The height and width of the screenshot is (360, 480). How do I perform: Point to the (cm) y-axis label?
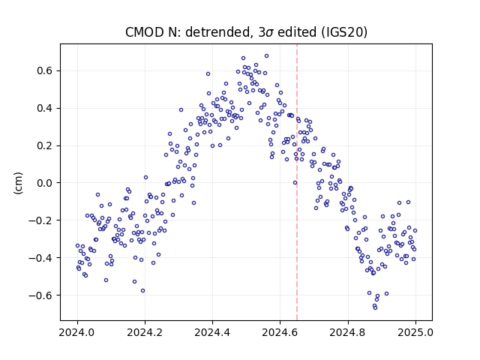[18, 183]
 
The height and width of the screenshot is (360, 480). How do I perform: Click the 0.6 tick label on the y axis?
[45, 70]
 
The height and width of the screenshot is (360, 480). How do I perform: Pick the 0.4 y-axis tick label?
[45, 108]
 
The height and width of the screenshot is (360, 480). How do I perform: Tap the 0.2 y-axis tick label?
[45, 145]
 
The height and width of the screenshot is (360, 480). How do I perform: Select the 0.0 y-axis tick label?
[45, 183]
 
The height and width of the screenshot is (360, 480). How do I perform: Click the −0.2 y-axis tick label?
[40, 220]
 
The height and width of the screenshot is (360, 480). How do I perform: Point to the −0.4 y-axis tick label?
[40, 258]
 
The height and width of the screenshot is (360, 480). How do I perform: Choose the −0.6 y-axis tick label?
[40, 295]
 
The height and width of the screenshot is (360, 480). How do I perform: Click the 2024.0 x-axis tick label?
[77, 332]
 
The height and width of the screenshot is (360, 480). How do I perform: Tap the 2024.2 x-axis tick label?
[145, 332]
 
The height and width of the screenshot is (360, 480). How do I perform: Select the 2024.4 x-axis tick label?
[212, 332]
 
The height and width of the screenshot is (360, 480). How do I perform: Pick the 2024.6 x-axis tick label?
[280, 332]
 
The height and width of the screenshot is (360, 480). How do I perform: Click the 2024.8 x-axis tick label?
[348, 332]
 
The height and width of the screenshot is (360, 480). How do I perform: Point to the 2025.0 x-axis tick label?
[415, 332]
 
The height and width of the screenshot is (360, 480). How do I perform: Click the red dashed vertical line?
[297, 182]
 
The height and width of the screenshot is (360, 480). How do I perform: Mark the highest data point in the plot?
[267, 56]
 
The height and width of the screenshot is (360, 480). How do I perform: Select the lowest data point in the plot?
[375, 307]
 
